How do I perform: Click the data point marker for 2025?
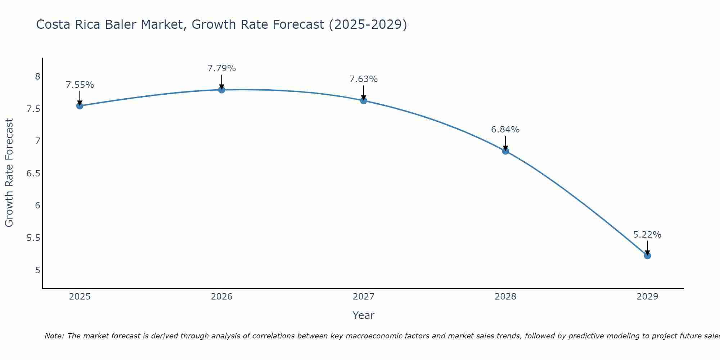[x=80, y=106]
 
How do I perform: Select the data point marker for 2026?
[x=222, y=90]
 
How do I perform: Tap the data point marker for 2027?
[x=364, y=101]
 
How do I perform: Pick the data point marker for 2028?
[x=505, y=151]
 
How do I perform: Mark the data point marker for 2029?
[x=647, y=256]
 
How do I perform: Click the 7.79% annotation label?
[x=222, y=68]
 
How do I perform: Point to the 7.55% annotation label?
[x=80, y=85]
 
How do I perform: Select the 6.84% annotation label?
[x=505, y=130]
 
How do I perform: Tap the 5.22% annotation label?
[x=647, y=235]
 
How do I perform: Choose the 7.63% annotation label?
[x=364, y=79]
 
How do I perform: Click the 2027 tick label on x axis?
[x=364, y=297]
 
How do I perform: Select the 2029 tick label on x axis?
[x=647, y=297]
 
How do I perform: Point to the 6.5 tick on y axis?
[x=33, y=174]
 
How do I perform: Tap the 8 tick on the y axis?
[x=37, y=77]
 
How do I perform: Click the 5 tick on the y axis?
[x=37, y=270]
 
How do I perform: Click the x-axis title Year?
[x=364, y=315]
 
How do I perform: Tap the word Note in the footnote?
[x=54, y=336]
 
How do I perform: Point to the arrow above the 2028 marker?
[x=505, y=143]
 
